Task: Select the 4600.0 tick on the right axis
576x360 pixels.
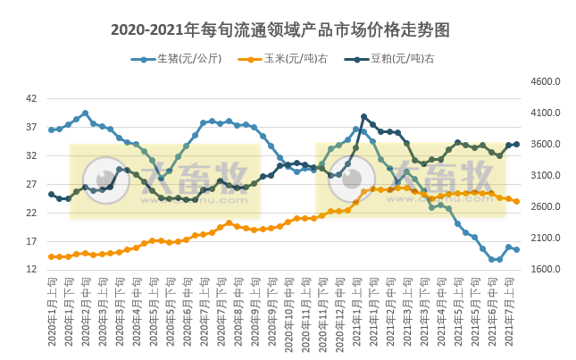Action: [544, 81]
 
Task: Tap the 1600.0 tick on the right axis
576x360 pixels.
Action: [544, 270]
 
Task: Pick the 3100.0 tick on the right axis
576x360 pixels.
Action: [544, 176]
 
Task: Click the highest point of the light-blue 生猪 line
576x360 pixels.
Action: [85, 113]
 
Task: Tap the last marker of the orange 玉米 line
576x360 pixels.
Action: [517, 201]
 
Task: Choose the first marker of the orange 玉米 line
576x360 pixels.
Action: [51, 256]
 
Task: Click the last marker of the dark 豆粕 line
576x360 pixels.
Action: [517, 144]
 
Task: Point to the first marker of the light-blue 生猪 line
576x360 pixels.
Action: [51, 130]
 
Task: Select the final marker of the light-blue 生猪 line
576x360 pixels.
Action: [517, 249]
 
